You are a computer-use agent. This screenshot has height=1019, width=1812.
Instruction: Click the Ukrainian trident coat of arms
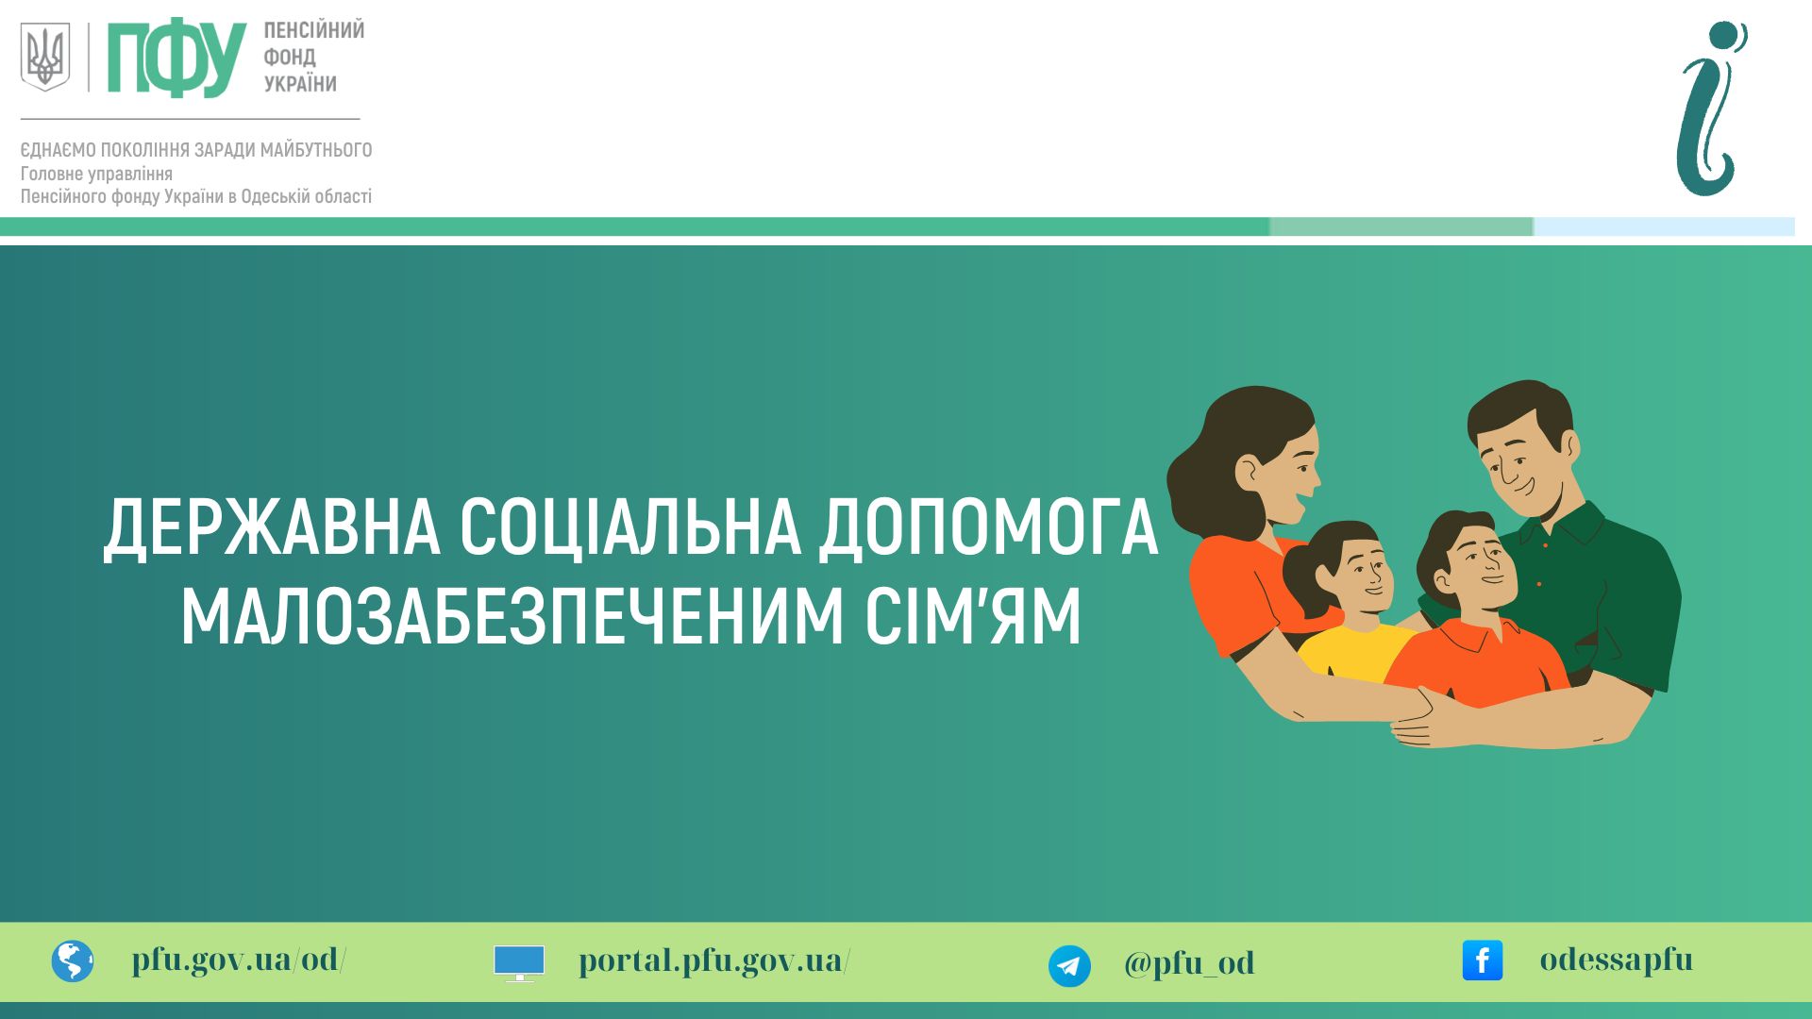[x=45, y=57]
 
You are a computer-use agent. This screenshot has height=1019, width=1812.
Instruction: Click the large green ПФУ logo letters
[x=176, y=58]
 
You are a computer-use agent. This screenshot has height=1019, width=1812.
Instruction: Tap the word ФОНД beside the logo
[x=290, y=58]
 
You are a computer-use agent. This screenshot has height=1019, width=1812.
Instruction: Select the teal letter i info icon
[x=1711, y=109]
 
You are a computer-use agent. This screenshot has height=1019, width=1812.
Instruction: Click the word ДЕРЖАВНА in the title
[x=272, y=528]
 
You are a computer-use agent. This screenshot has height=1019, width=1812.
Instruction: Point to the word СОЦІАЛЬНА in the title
[x=630, y=526]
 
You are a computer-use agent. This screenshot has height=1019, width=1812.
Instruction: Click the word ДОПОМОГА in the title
[x=989, y=526]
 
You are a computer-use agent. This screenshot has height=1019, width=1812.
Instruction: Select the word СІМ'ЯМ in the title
[x=973, y=617]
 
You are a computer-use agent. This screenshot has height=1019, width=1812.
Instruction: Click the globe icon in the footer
[x=73, y=961]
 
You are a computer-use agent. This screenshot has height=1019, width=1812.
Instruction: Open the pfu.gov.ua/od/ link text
[x=239, y=960]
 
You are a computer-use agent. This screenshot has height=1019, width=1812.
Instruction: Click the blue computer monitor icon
[x=519, y=963]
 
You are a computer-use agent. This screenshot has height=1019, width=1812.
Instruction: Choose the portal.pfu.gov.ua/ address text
[x=714, y=961]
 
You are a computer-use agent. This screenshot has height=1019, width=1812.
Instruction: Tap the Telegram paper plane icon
[x=1069, y=966]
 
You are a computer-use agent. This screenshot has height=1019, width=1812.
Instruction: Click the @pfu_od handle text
[x=1189, y=963]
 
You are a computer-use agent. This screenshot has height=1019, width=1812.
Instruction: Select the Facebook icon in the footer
[x=1483, y=961]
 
